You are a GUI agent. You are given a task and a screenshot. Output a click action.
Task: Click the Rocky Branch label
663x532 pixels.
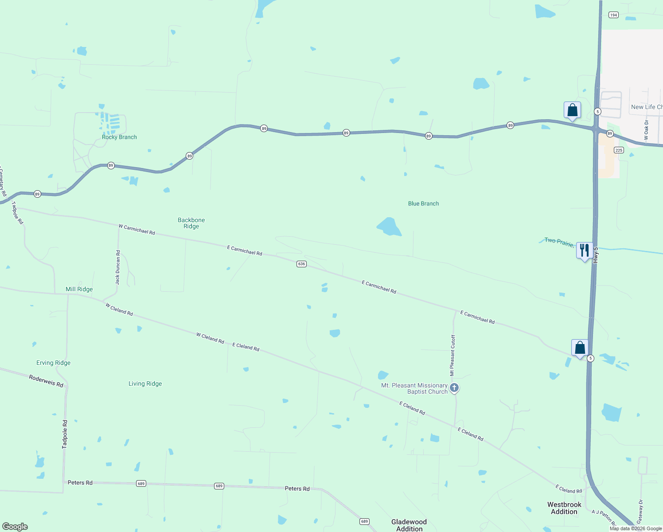pyautogui.click(x=119, y=137)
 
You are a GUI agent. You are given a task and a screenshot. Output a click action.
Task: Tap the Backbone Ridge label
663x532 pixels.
pyautogui.click(x=191, y=223)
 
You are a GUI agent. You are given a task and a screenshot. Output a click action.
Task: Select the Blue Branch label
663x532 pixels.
pyautogui.click(x=423, y=203)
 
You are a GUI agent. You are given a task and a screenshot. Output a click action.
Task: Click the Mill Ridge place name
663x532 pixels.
pyautogui.click(x=79, y=289)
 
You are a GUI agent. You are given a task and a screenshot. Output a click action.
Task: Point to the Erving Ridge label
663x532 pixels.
pyautogui.click(x=54, y=363)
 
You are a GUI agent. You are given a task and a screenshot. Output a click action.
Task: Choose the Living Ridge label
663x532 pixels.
pyautogui.click(x=145, y=383)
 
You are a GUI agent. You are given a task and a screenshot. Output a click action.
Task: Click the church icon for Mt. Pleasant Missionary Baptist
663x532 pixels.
pyautogui.click(x=454, y=388)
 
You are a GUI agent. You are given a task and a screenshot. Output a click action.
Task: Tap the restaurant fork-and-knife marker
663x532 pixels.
pyautogui.click(x=585, y=250)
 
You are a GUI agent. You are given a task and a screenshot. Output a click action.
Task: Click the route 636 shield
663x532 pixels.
pyautogui.click(x=301, y=264)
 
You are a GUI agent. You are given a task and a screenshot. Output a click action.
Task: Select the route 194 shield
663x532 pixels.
pyautogui.click(x=613, y=15)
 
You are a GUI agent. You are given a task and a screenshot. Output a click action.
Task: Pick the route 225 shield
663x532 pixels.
pyautogui.click(x=619, y=150)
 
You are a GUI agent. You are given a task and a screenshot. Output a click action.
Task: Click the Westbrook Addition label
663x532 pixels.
pyautogui.click(x=564, y=508)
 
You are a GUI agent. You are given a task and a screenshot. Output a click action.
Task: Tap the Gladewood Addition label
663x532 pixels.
pyautogui.click(x=409, y=525)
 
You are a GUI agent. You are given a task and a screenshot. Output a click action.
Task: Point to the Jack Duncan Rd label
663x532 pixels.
pyautogui.click(x=117, y=267)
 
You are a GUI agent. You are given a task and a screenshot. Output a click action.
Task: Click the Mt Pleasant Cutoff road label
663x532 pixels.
pyautogui.click(x=452, y=355)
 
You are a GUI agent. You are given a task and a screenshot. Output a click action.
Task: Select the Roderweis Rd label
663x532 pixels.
pyautogui.click(x=46, y=380)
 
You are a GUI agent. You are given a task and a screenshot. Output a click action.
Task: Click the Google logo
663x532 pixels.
pyautogui.click(x=15, y=526)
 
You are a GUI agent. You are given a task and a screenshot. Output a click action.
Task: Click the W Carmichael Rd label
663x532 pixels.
pyautogui.click(x=136, y=229)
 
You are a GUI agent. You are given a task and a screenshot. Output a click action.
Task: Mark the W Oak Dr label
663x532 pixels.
pyautogui.click(x=646, y=130)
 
